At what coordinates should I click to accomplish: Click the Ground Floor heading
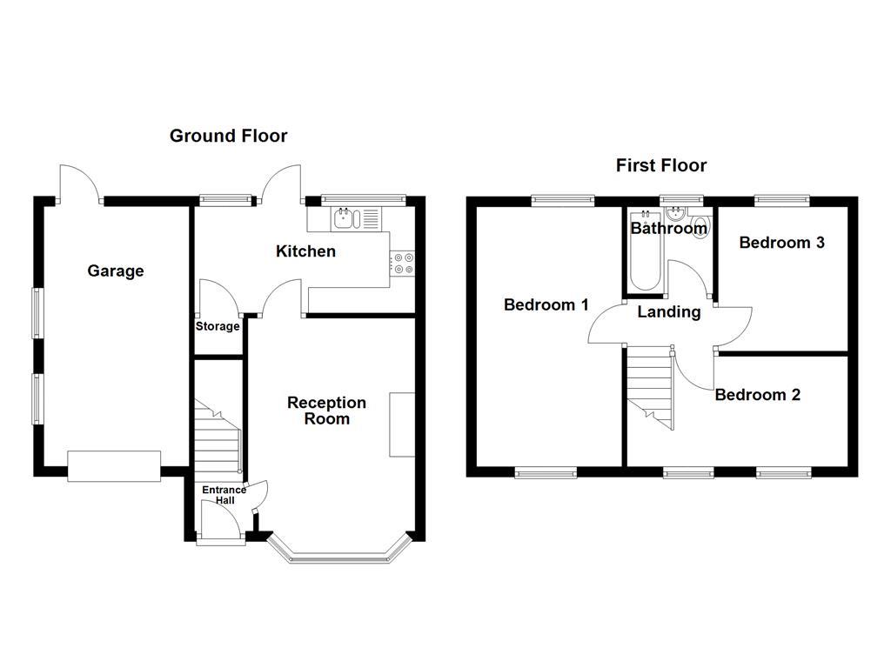pos(228,136)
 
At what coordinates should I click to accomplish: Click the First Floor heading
pos(661,165)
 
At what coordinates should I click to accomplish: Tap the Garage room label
pos(116,271)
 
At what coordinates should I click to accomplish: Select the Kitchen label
pos(305,252)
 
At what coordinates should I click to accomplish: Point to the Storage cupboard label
pos(218,327)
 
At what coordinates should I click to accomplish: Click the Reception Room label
pos(326,411)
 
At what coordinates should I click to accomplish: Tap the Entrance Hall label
pos(224,495)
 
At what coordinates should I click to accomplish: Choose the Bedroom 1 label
pos(546,305)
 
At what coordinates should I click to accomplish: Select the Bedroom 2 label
pos(757,395)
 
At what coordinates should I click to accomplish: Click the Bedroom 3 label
pos(781,243)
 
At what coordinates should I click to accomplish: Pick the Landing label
pos(669,312)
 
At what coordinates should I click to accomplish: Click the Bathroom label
pos(668,230)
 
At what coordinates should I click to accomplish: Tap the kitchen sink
pos(345,218)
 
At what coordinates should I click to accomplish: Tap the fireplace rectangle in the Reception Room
pos(402,424)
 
